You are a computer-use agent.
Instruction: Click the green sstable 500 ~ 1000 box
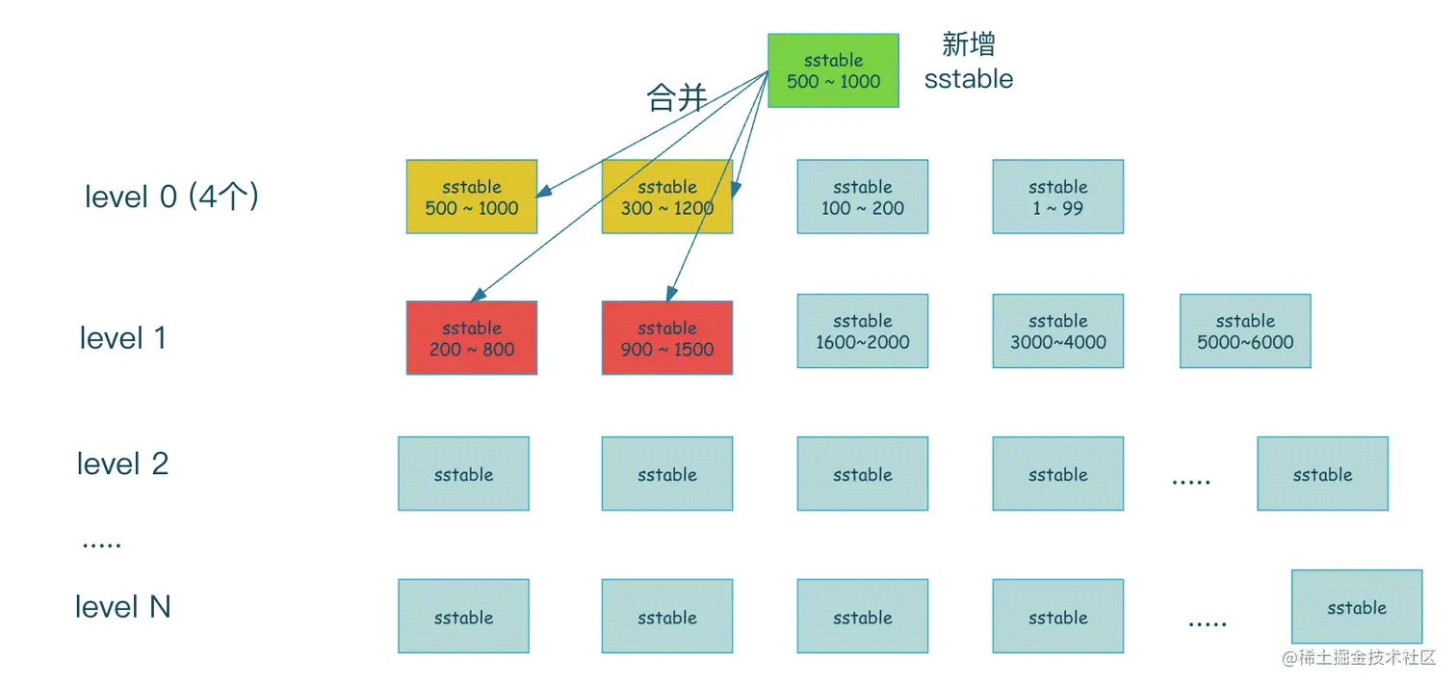[833, 70]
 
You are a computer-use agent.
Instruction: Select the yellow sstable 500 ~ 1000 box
[472, 197]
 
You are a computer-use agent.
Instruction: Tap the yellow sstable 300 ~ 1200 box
[667, 197]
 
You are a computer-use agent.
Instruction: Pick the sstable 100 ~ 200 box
[863, 197]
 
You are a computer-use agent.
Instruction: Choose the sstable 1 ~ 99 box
[1057, 197]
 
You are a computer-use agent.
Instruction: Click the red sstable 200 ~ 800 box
[472, 337]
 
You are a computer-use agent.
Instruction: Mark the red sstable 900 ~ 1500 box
[667, 337]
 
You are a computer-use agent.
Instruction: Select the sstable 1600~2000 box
[863, 331]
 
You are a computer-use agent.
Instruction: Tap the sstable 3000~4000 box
[1057, 331]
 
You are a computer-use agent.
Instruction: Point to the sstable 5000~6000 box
[1245, 331]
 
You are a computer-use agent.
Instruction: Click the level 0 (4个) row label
[171, 196]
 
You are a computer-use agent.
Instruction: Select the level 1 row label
[123, 338]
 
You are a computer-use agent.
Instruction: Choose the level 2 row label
[123, 463]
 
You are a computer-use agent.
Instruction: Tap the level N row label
[123, 607]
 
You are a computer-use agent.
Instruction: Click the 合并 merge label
[677, 97]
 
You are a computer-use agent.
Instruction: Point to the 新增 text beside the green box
[969, 44]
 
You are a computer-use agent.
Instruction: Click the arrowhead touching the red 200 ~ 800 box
[478, 295]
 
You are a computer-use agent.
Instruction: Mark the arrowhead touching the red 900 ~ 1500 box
[671, 294]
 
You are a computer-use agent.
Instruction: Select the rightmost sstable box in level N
[1357, 606]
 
